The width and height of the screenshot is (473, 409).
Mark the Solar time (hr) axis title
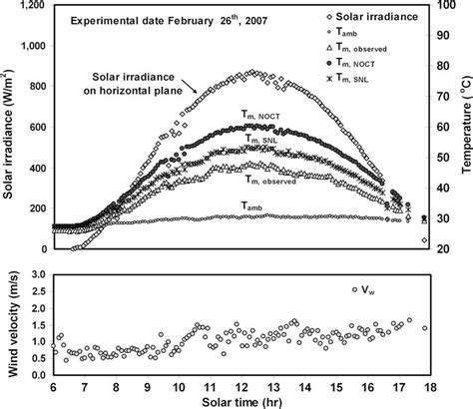[239, 401]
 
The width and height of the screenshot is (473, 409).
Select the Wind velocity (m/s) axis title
[11, 322]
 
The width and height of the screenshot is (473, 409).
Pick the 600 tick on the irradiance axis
[38, 128]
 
